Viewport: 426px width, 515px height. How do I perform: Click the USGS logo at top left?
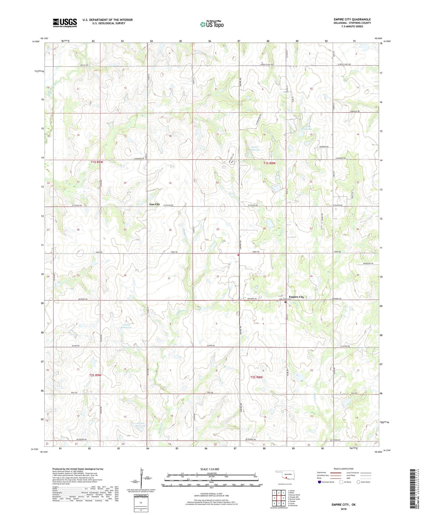click(x=65, y=23)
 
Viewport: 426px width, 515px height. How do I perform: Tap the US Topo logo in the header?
click(x=212, y=24)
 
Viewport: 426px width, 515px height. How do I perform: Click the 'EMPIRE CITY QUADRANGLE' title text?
click(x=352, y=19)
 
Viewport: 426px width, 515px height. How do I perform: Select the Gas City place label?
click(x=155, y=204)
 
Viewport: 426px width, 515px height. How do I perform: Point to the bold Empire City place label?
click(x=296, y=297)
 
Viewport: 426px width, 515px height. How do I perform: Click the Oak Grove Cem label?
click(x=285, y=299)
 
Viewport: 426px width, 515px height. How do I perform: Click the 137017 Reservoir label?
click(x=255, y=148)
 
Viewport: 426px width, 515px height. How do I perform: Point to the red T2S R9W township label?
click(x=95, y=375)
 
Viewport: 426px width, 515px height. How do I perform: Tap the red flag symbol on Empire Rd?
click(x=238, y=255)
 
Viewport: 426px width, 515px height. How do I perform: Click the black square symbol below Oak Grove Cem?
click(x=285, y=302)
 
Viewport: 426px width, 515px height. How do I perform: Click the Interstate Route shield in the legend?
click(x=319, y=482)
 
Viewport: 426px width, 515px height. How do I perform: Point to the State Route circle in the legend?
click(x=359, y=482)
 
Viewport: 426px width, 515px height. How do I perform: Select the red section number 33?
click(x=264, y=276)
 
